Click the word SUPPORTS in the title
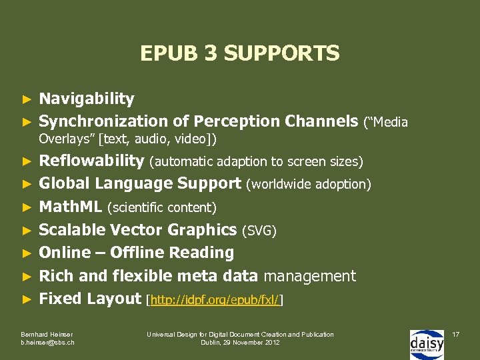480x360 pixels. [x=282, y=53]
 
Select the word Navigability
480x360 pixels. [x=87, y=99]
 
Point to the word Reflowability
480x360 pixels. [x=91, y=161]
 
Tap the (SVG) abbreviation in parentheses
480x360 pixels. [x=259, y=231]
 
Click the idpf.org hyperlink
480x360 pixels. [x=215, y=301]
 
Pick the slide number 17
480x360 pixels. [x=456, y=333]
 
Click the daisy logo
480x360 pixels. [x=426, y=344]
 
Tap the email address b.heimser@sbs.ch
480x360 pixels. [x=48, y=343]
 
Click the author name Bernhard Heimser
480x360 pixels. [x=47, y=334]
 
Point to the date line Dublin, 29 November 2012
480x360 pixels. [x=240, y=343]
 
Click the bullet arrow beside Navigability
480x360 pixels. [x=27, y=100]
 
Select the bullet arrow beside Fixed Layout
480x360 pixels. [x=27, y=300]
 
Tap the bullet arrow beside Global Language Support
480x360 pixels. [x=27, y=184]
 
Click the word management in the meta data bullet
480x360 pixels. [x=311, y=276]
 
